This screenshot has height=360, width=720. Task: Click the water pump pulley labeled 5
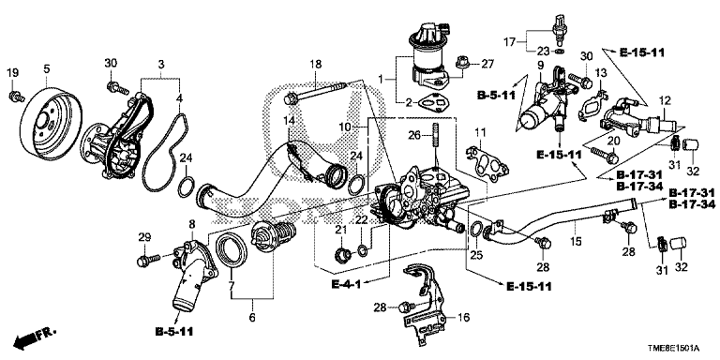[51, 120]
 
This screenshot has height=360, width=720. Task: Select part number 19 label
[12, 72]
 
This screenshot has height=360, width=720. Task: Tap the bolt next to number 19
[15, 96]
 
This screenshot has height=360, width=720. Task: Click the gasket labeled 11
[487, 164]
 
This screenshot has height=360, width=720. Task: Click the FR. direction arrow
[34, 338]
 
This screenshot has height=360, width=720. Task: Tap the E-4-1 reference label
[347, 285]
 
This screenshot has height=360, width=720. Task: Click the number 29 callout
[144, 237]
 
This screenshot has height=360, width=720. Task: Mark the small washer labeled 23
[561, 50]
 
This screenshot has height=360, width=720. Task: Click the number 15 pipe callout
[576, 241]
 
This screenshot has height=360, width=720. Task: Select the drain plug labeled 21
[342, 252]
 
